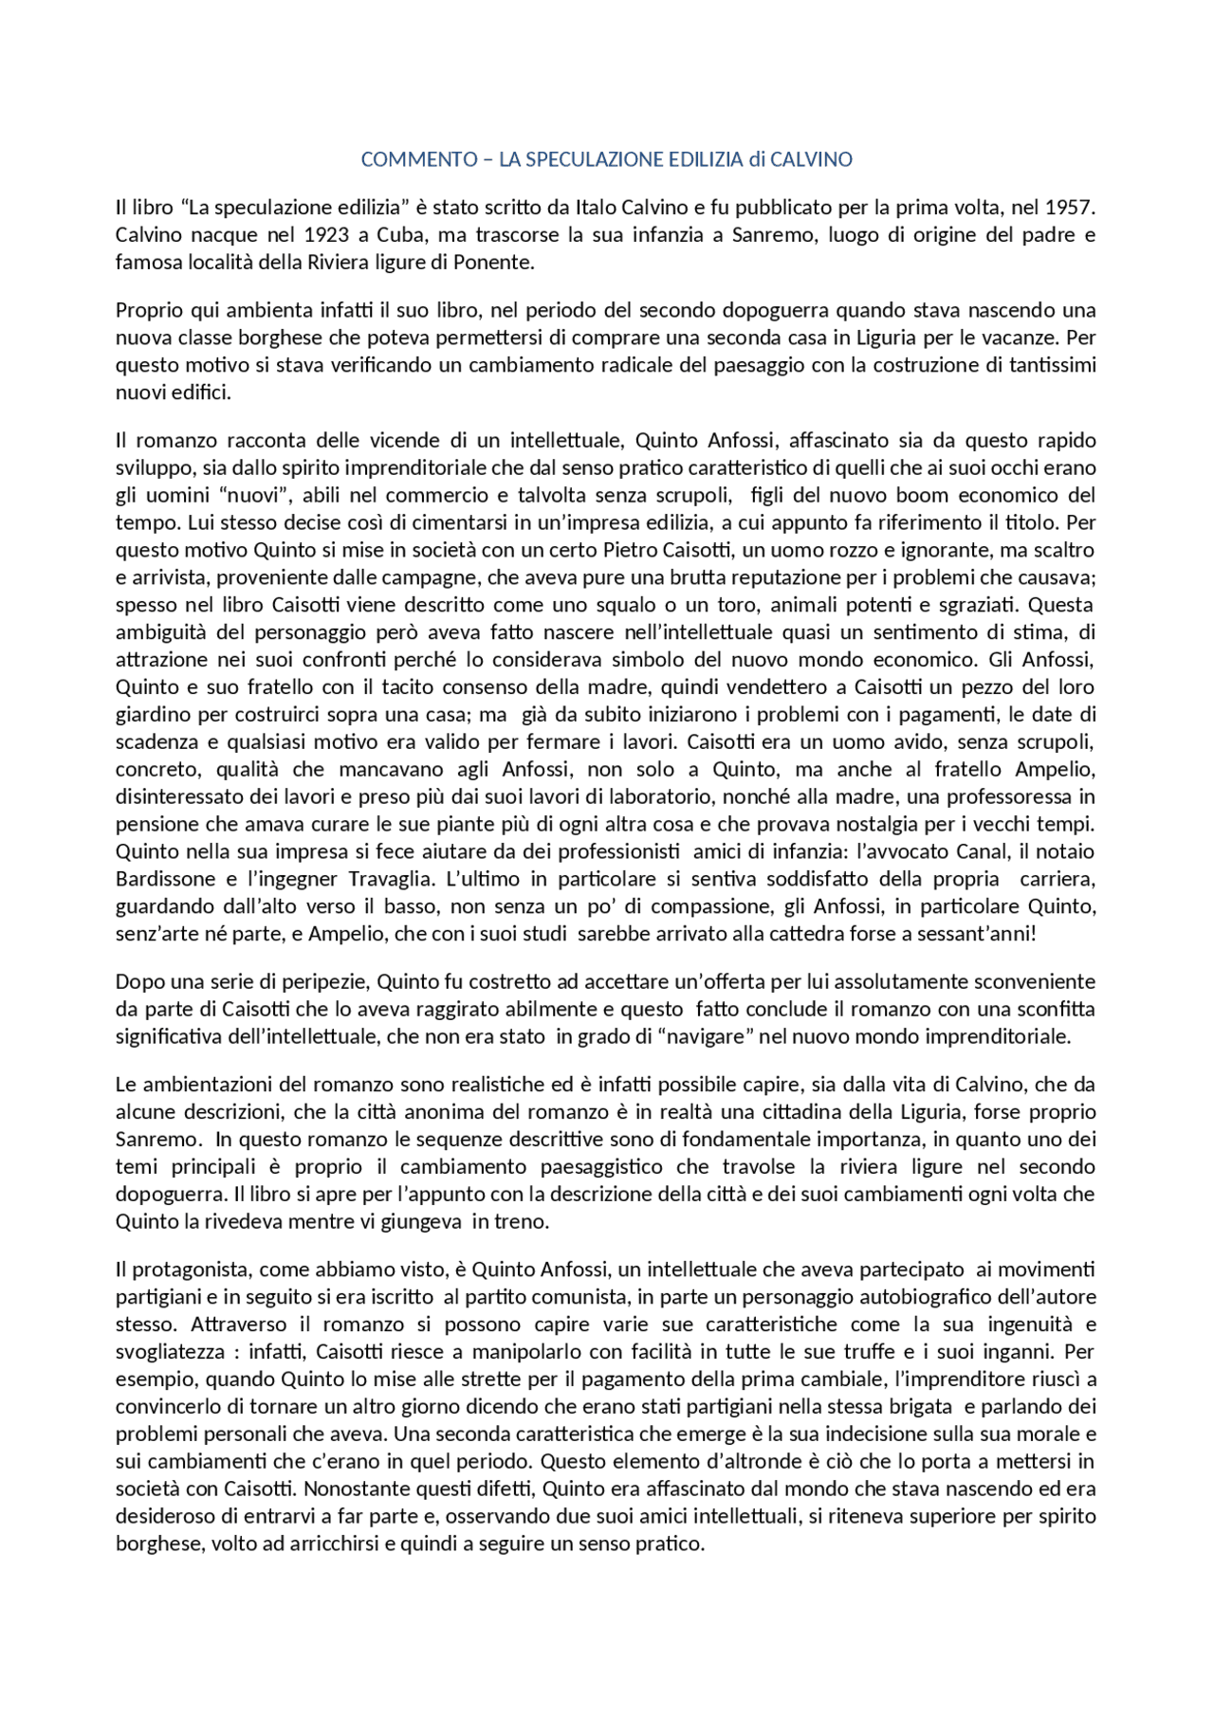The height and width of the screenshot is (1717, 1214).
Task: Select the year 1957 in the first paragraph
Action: [1070, 207]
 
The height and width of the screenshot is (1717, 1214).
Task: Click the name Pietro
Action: [629, 550]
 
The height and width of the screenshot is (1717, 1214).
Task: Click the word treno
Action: [522, 1222]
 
